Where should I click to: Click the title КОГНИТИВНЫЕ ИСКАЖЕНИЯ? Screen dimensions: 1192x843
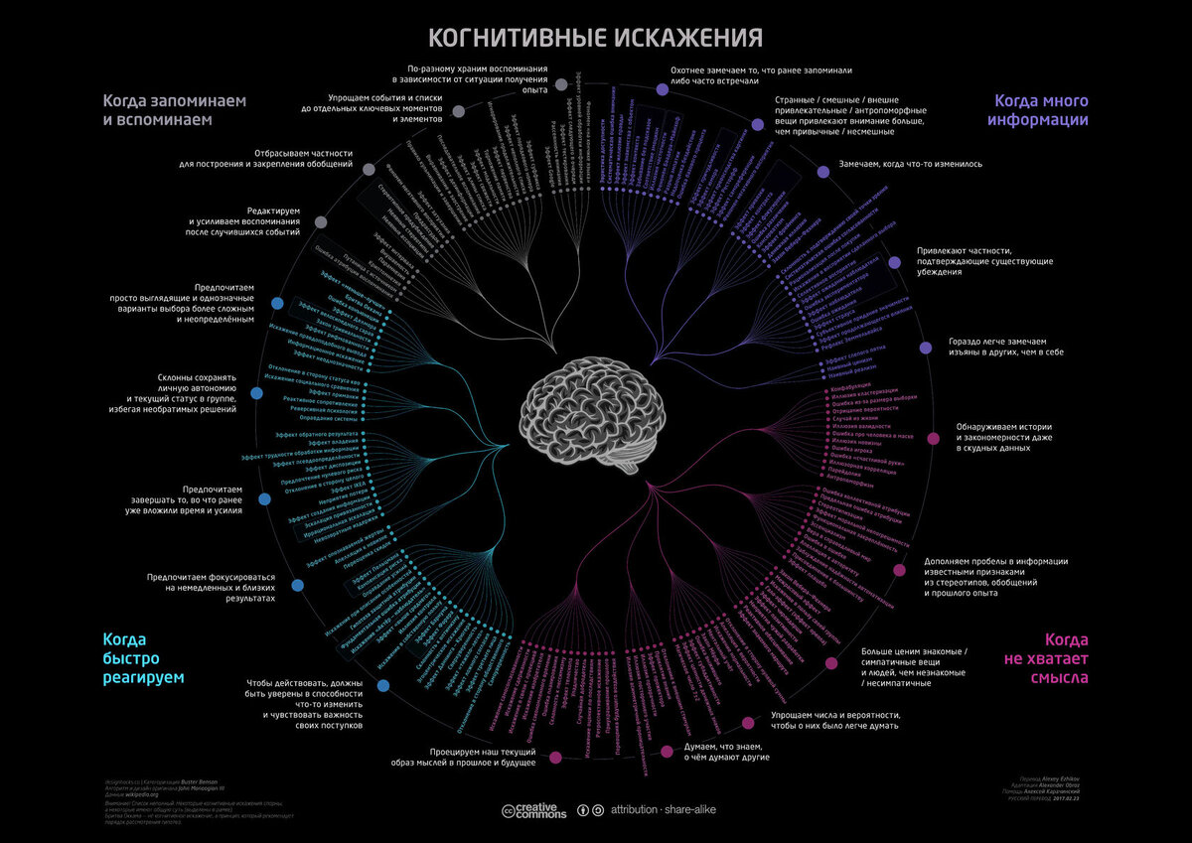click(595, 38)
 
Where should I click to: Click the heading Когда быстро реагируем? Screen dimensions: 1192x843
click(144, 658)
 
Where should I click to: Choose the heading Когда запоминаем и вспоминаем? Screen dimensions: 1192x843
click(174, 109)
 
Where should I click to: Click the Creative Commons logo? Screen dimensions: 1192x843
click(534, 810)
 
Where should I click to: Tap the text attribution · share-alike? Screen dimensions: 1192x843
click(664, 810)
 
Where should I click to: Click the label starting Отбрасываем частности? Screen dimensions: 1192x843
click(271, 158)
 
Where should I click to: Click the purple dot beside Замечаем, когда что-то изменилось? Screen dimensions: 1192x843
click(822, 171)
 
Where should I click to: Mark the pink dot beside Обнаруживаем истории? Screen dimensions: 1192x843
click(933, 438)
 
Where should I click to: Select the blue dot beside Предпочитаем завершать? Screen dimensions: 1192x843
click(260, 500)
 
